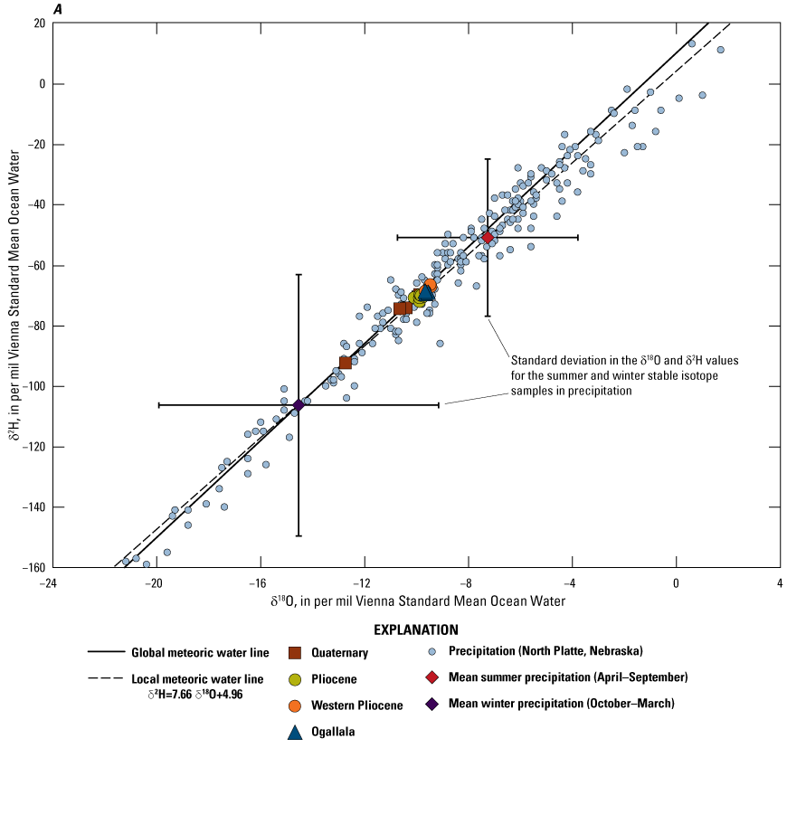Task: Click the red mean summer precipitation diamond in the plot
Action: coord(488,237)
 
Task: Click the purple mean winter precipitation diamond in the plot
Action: coord(299,404)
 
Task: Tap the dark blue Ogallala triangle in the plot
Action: coord(427,291)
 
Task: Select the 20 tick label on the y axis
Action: coord(40,24)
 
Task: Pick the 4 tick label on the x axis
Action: coord(780,583)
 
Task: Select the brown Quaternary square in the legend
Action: coord(295,652)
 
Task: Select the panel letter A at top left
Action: coord(57,9)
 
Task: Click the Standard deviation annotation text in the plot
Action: coord(624,374)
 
